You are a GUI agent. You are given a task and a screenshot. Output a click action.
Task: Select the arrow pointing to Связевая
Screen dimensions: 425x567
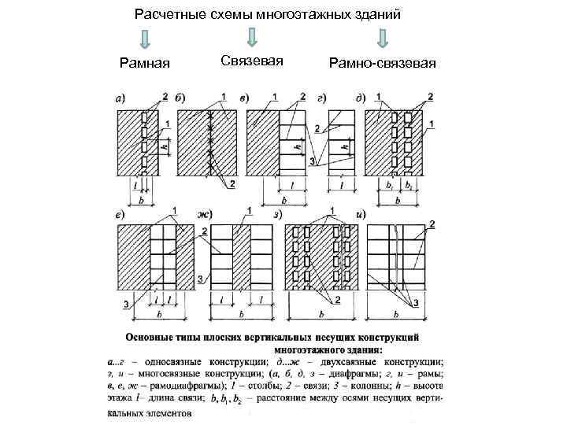(251, 37)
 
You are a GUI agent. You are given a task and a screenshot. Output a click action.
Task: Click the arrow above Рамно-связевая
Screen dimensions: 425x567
(384, 38)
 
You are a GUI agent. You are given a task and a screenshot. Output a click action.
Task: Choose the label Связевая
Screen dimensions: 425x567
(251, 61)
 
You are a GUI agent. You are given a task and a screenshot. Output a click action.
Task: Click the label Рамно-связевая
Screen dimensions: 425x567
(384, 62)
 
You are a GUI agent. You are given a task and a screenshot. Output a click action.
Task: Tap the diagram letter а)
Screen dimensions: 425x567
(120, 99)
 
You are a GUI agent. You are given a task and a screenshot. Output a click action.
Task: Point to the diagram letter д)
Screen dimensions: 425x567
(360, 98)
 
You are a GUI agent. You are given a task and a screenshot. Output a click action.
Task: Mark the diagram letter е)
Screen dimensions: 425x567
(120, 214)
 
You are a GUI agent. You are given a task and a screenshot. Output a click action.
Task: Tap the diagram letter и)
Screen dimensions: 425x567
(361, 214)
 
